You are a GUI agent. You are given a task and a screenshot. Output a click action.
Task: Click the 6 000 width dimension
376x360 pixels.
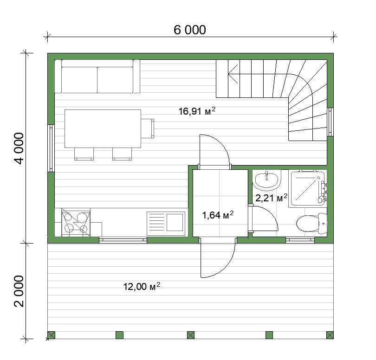[190, 30]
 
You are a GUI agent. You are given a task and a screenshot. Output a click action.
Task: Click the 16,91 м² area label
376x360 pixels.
[197, 111]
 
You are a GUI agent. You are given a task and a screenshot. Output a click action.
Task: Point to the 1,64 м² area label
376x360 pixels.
[218, 215]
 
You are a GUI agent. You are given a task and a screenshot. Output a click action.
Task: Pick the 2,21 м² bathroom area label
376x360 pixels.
[271, 198]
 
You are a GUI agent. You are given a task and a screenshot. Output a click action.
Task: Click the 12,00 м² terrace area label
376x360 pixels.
[142, 286]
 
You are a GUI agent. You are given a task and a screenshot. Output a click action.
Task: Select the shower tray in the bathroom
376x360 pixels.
[308, 188]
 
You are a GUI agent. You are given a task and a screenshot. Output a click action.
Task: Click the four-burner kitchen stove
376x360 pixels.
[76, 222]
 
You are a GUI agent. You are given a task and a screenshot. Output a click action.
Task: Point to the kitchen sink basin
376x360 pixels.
[175, 222]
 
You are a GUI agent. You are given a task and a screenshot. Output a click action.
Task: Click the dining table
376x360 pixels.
[103, 129]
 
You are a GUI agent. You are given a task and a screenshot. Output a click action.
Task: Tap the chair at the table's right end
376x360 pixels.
[148, 129]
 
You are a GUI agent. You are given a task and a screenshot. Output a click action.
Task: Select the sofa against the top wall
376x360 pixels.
[97, 76]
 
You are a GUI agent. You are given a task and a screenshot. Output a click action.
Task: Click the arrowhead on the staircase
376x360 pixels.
[233, 74]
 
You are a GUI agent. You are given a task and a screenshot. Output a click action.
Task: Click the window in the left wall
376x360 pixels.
[51, 148]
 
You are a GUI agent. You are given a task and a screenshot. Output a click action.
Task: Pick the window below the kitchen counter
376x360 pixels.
[123, 240]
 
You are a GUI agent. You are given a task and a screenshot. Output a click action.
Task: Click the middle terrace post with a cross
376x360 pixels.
[191, 335]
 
